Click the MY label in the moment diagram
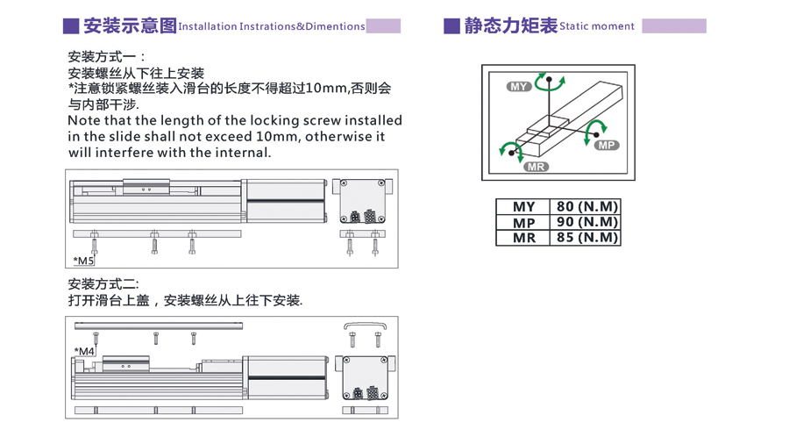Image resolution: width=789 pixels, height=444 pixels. coord(519,87)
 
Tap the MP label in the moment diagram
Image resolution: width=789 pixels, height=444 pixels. coord(607,146)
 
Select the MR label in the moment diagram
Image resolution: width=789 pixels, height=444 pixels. coord(536,167)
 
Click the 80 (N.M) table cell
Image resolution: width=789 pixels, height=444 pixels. coord(586,206)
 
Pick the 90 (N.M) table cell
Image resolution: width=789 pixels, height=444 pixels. coord(586,222)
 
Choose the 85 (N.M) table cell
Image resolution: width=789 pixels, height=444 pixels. coord(586,238)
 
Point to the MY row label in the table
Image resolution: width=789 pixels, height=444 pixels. coord(524,207)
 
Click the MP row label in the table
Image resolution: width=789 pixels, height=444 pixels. coord(524,223)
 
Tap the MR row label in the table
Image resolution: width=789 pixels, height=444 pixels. coord(524,238)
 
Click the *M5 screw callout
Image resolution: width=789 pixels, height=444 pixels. coord(83,261)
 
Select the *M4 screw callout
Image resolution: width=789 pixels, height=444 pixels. coord(84,351)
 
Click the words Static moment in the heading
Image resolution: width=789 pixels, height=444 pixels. coord(597,26)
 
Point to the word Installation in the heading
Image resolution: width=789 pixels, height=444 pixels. coord(207,26)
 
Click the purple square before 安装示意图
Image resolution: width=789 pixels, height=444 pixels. coord(71,26)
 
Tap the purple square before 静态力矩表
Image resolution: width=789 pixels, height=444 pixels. coord(451,26)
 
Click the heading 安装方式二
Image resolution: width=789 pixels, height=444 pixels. coord(103,284)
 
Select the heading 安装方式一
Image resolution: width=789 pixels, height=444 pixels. coord(106,57)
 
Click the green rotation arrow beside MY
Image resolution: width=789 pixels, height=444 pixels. coord(549,83)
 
